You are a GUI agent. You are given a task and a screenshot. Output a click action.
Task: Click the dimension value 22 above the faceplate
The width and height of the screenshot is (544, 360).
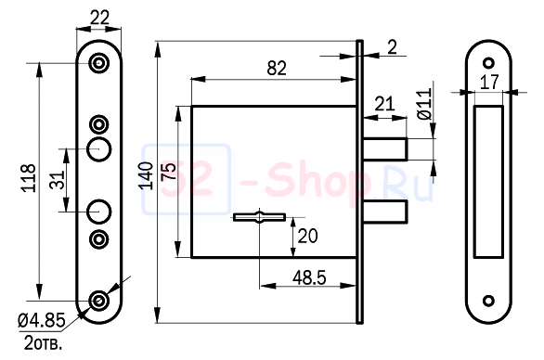pos(99,16)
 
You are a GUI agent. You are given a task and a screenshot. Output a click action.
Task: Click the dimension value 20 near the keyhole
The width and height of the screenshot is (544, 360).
pos(306,236)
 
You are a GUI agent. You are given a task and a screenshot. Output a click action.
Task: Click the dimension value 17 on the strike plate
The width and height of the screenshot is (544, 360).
pos(488,82)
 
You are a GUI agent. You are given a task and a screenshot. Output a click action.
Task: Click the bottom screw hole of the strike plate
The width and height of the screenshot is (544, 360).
pos(488,300)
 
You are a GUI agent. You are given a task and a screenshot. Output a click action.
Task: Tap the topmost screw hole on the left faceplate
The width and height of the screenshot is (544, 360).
pos(99,62)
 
